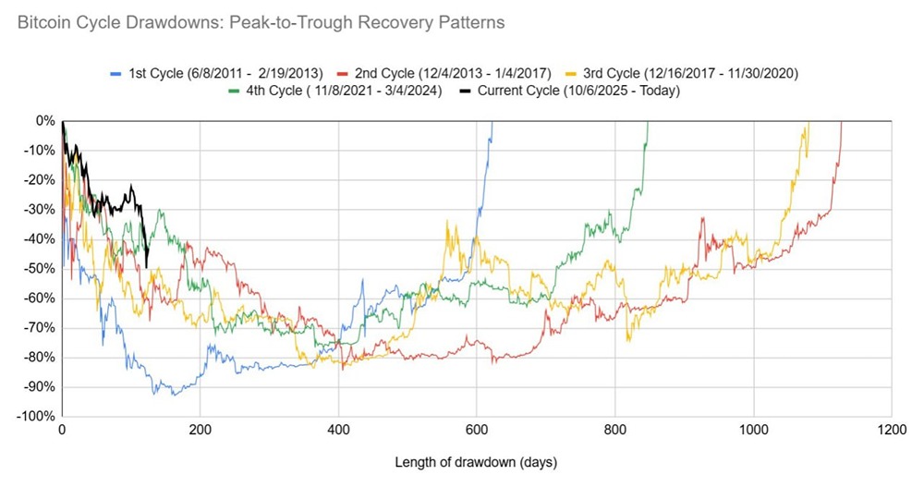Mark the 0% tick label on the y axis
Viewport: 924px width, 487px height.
pos(45,121)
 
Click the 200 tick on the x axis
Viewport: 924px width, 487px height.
pos(200,431)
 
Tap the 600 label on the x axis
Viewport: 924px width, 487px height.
pos(476,431)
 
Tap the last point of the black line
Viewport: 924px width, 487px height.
pos(147,268)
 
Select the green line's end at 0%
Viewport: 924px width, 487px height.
pos(647,122)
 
